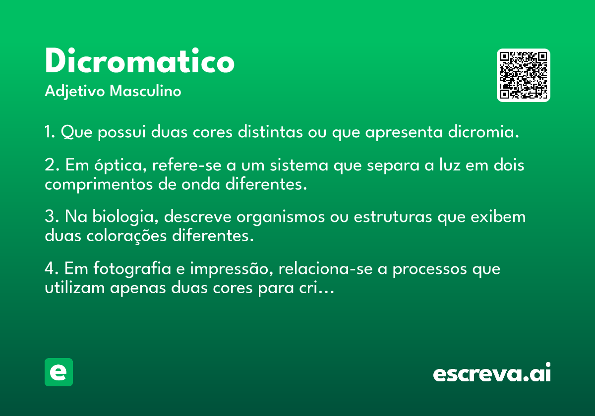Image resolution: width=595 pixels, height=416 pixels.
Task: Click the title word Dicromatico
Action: tap(140, 60)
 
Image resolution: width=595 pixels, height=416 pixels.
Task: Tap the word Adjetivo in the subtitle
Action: tap(75, 91)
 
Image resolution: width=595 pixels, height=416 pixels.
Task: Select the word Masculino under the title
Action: tap(145, 91)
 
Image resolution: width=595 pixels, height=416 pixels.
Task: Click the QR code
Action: tap(523, 75)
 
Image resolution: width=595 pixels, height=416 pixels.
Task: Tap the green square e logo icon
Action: tap(59, 372)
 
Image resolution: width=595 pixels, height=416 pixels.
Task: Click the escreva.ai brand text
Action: tap(492, 372)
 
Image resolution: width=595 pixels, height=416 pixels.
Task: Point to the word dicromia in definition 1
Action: tap(483, 132)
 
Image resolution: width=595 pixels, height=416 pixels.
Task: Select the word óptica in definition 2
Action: tap(120, 165)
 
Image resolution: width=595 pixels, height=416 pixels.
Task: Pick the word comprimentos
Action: tap(99, 185)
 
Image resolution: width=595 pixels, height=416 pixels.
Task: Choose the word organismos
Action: tap(280, 217)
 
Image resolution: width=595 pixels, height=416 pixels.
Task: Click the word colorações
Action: tap(126, 236)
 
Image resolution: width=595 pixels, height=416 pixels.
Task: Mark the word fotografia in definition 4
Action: tap(132, 269)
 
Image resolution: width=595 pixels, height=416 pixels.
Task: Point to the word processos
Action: tap(429, 269)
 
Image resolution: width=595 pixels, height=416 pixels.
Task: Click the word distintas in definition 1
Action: tap(270, 132)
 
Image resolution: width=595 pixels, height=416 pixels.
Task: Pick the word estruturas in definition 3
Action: tap(393, 216)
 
